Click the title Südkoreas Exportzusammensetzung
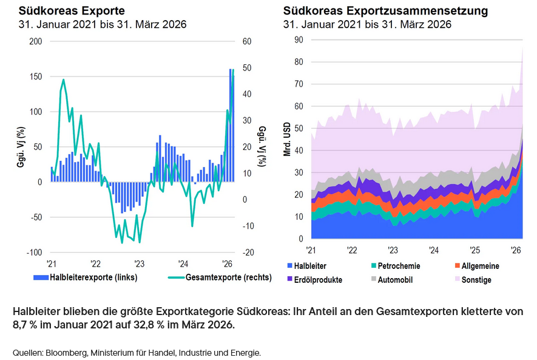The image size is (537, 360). (x=385, y=11)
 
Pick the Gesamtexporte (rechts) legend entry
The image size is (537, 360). (x=210, y=278)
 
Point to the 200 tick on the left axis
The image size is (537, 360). (x=36, y=41)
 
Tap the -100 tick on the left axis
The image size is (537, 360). (x=35, y=253)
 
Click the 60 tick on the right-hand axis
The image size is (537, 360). (x=247, y=41)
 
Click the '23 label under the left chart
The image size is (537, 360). (x=139, y=264)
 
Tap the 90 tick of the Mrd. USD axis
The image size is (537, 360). (x=299, y=39)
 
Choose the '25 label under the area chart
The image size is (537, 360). (x=475, y=250)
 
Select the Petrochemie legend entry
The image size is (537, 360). (x=399, y=266)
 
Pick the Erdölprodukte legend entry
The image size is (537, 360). (x=317, y=280)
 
